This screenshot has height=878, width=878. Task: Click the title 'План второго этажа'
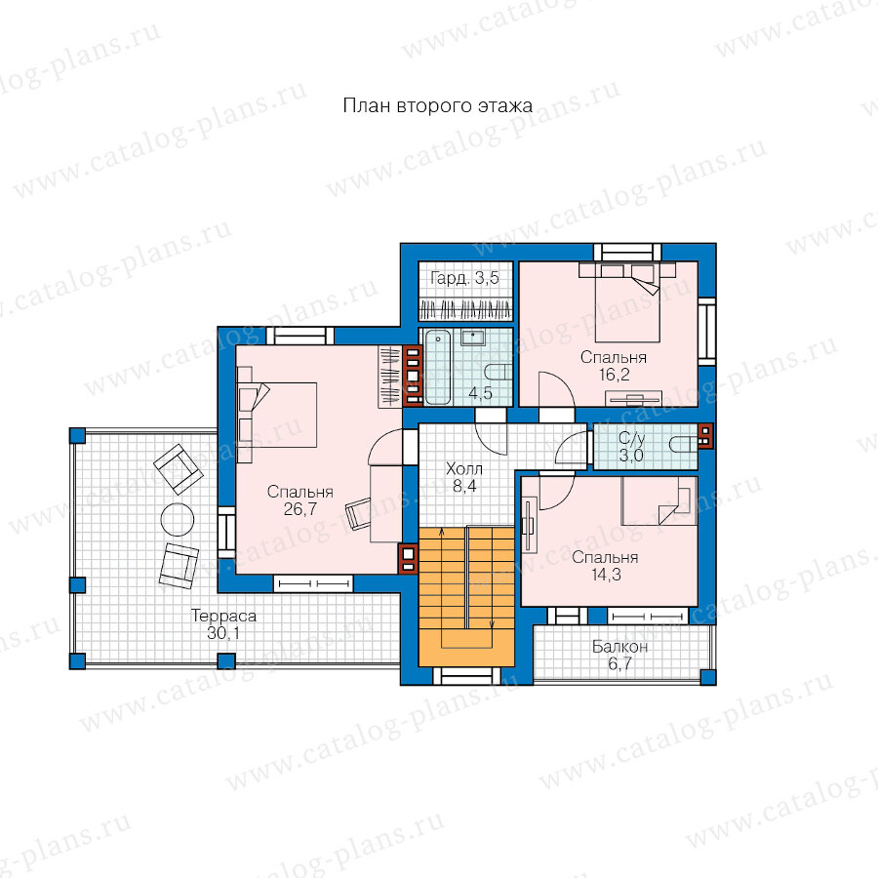[437, 105]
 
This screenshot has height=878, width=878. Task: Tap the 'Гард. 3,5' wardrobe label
[464, 278]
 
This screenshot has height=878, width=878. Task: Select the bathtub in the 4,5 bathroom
[437, 367]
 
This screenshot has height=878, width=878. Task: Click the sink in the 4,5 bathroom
[473, 338]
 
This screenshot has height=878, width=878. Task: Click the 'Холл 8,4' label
[464, 477]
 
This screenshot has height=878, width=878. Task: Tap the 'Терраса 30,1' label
[223, 623]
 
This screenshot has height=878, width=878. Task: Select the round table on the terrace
[178, 520]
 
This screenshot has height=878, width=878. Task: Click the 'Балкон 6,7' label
[619, 656]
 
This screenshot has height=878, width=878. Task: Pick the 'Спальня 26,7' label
[300, 500]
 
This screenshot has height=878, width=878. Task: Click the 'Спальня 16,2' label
[614, 366]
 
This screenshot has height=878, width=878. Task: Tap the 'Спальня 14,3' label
[605, 566]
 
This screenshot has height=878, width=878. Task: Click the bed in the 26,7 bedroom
[277, 415]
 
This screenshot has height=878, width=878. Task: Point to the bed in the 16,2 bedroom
[627, 302]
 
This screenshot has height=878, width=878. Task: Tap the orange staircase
[466, 596]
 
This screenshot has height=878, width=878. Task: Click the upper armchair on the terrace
[179, 469]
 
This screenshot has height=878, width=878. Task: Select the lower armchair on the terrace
[179, 566]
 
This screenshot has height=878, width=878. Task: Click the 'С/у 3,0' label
[631, 446]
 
